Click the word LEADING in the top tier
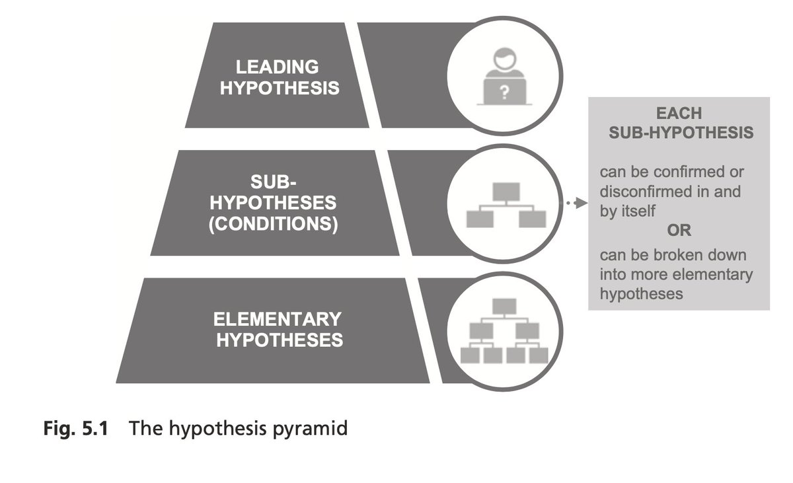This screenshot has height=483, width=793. [x=277, y=67]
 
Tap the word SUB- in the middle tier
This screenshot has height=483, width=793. [x=273, y=182]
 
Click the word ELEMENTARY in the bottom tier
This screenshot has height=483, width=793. [x=277, y=320]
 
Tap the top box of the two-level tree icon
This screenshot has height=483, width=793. [x=505, y=192]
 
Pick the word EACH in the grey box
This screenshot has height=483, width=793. [x=679, y=113]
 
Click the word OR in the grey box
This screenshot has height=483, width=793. [x=679, y=231]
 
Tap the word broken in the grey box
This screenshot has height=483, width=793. [x=682, y=255]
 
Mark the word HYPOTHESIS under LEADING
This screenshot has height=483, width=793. [x=280, y=88]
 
